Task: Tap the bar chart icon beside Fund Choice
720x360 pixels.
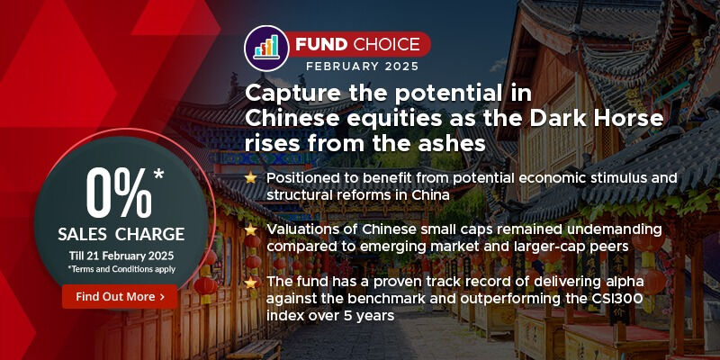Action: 267,44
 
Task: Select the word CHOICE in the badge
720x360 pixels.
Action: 388,42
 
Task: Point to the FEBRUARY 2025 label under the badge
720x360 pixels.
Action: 356,67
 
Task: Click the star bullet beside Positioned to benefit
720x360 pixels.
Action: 251,178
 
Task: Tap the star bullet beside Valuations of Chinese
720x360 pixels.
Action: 251,229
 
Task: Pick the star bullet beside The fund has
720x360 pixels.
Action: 251,282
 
